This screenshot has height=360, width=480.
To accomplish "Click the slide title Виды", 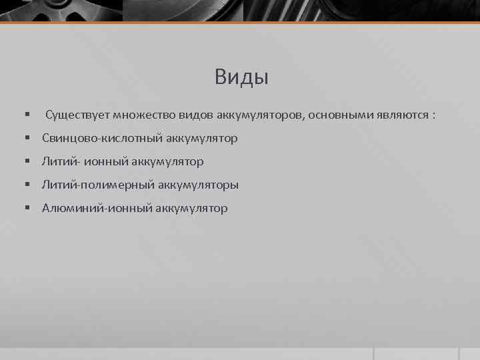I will coord(241,78).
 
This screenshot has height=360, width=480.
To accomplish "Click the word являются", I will coord(399,115).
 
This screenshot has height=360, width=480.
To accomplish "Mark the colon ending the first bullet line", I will coord(434,115).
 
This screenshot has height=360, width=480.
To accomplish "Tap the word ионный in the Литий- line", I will coord(97,161).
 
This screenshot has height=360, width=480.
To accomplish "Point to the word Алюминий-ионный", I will coord(97,208).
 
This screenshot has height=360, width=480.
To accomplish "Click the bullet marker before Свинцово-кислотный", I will coord(28,139).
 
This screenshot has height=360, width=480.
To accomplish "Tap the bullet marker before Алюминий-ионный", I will coord(28,208).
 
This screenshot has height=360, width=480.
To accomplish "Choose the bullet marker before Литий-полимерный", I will coord(28,185).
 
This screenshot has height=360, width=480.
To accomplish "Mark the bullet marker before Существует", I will coord(28,115).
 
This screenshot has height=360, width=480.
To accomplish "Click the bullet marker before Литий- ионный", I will coord(28,161).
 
